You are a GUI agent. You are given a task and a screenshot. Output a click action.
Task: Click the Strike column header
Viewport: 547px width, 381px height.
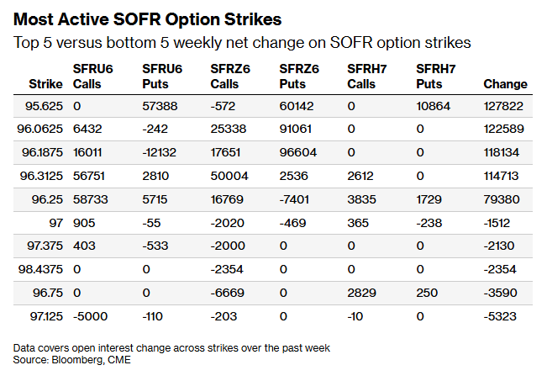(45, 84)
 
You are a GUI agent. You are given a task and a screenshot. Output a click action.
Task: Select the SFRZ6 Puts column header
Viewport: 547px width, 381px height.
(299, 77)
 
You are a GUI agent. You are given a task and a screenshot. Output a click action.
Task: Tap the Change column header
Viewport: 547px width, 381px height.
(506, 84)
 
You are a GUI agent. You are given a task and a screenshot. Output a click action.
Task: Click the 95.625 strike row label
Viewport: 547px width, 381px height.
(44, 106)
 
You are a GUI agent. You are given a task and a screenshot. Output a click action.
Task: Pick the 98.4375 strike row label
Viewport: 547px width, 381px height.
(40, 269)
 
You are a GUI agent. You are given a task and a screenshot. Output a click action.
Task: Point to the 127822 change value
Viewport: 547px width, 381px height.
(503, 106)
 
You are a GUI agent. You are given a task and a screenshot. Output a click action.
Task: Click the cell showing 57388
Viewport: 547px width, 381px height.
(160, 106)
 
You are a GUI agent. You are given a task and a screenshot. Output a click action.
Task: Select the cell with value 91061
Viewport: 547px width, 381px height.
(296, 129)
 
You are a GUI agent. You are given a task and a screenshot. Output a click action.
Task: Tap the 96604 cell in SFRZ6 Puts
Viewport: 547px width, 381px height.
(298, 152)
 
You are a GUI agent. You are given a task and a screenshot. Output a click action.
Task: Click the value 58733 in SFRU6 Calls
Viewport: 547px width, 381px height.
(91, 199)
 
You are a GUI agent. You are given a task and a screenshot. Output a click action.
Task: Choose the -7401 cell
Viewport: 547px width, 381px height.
(294, 199)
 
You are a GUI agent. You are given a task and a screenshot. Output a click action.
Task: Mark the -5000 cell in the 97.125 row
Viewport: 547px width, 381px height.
(91, 316)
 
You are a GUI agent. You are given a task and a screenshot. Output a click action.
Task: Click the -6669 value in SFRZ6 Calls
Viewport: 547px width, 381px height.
(228, 293)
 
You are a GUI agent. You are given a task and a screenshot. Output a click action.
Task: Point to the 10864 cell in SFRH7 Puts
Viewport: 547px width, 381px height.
(434, 106)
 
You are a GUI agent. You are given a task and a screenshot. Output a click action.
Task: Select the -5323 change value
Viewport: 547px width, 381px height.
(500, 316)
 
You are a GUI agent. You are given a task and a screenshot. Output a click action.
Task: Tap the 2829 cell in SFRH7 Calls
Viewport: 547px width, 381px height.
(362, 293)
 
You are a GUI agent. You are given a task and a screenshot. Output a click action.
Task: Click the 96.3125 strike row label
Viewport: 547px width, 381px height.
(41, 176)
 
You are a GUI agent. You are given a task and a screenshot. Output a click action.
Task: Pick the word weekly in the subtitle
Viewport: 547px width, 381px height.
(197, 43)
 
